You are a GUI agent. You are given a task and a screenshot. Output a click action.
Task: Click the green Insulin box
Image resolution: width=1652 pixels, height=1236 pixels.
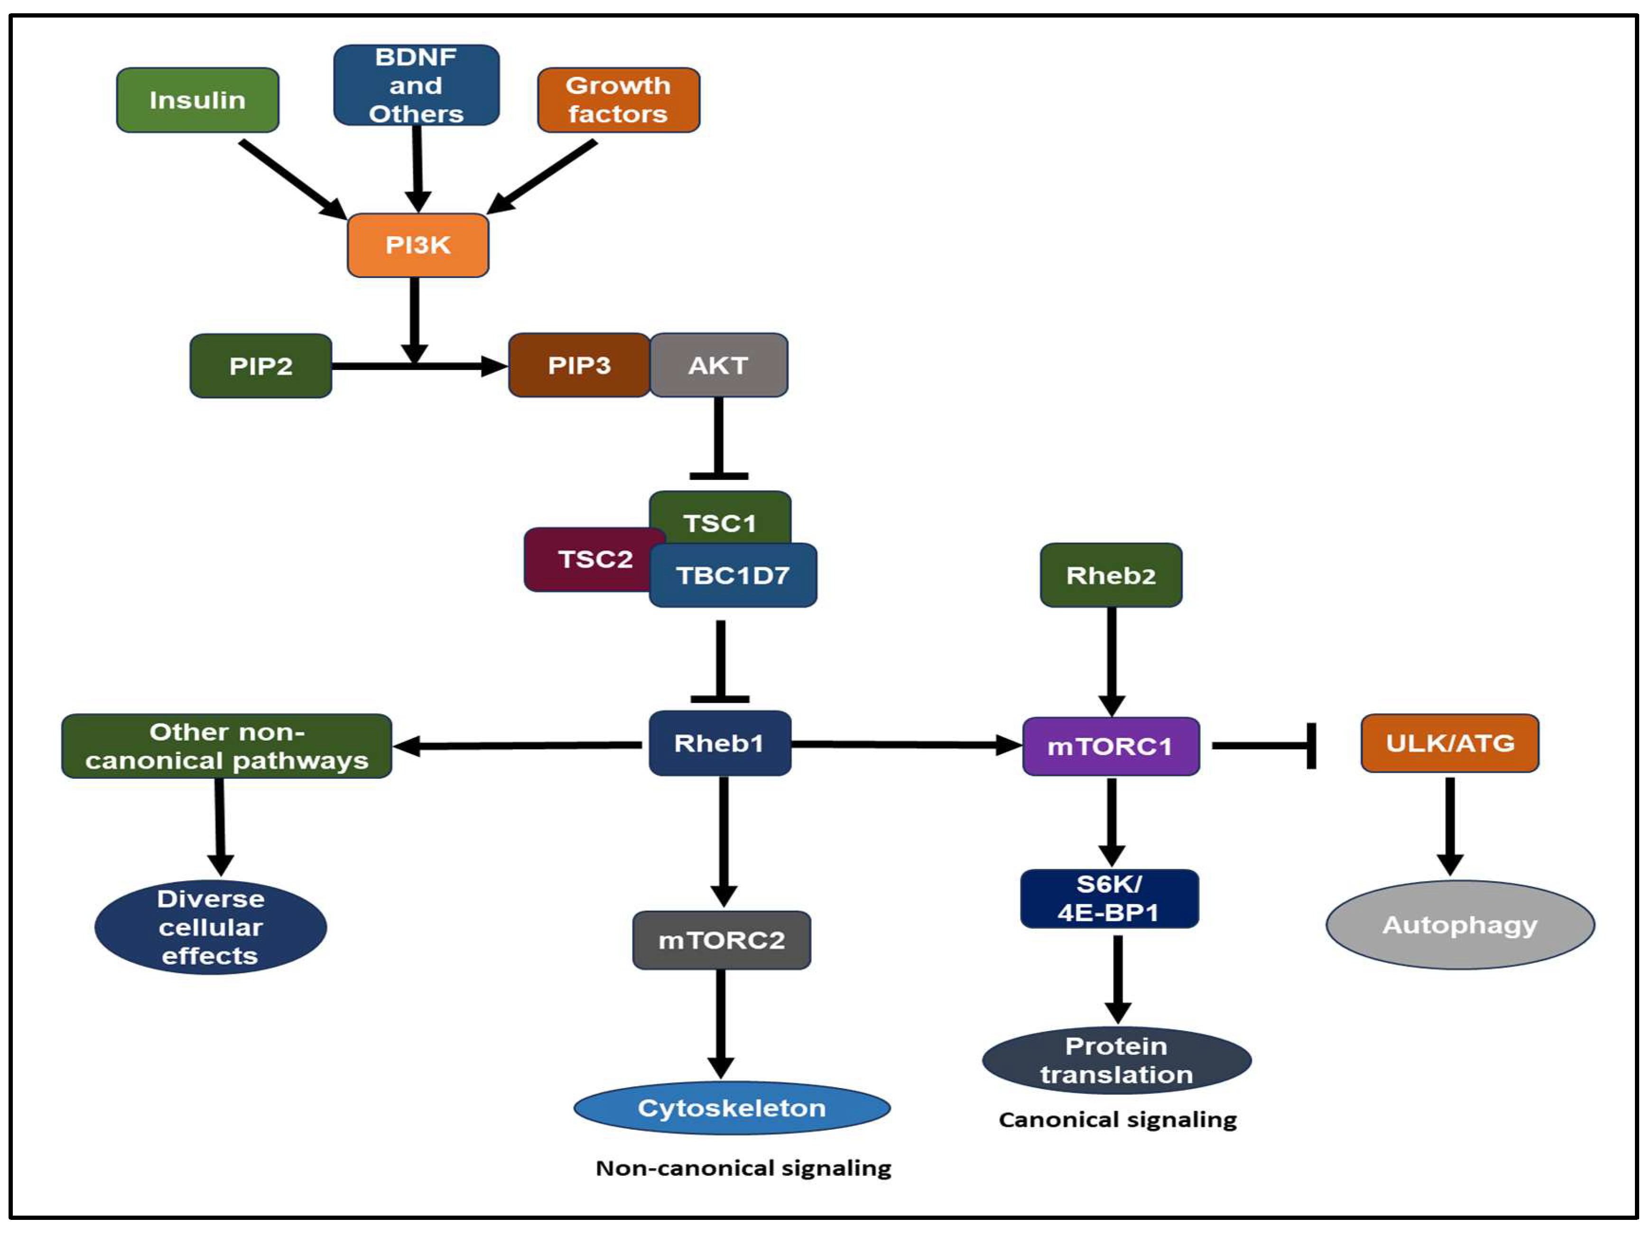(198, 100)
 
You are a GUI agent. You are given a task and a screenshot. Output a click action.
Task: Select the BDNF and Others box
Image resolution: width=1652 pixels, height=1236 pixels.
(417, 85)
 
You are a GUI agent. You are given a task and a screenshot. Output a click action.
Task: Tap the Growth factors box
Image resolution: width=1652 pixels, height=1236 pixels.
(618, 100)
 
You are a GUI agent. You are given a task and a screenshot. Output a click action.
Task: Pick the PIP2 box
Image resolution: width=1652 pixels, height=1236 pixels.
(260, 366)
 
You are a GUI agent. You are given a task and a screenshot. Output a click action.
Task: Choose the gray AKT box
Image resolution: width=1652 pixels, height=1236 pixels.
(718, 365)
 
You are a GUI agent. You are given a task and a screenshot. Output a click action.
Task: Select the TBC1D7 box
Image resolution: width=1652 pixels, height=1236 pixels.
(733, 575)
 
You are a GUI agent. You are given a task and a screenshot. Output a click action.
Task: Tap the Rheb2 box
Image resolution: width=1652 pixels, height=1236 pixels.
(1111, 575)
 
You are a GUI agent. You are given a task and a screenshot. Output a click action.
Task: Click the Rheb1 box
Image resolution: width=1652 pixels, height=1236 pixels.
(720, 743)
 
